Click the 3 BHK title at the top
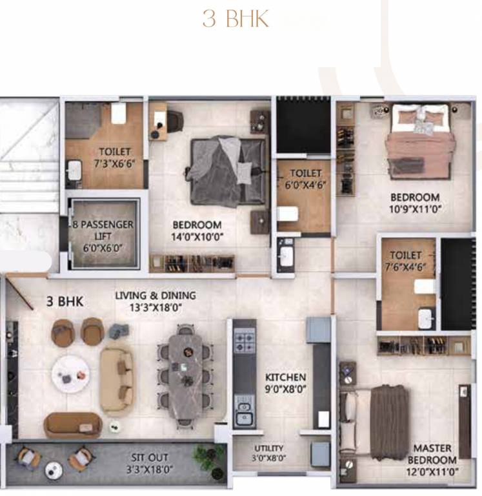(x=236, y=19)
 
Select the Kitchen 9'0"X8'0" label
(x=285, y=382)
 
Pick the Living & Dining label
(x=155, y=301)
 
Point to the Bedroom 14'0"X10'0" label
(x=197, y=231)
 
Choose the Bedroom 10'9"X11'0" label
(x=414, y=203)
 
